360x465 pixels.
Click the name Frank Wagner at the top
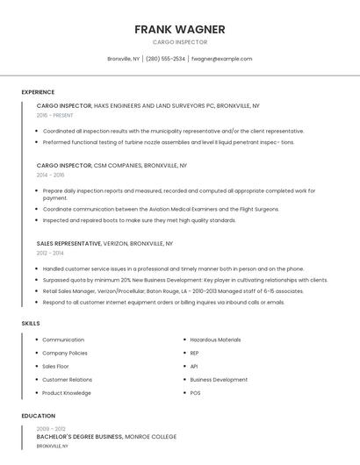[180, 29]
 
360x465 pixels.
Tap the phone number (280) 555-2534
[166, 59]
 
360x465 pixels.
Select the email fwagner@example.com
[221, 59]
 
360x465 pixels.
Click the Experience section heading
[38, 92]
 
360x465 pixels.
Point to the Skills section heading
[31, 324]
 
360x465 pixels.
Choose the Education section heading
[38, 416]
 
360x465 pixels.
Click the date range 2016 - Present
[54, 115]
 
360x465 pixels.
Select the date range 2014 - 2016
[50, 175]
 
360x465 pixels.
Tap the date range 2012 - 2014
[50, 253]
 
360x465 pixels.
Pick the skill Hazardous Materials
[215, 340]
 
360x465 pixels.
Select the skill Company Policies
[66, 353]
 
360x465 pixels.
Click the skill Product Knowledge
[67, 393]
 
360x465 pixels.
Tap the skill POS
[195, 393]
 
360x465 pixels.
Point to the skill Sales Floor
[55, 366]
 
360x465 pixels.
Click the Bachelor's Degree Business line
[106, 436]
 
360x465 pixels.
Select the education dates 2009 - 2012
[51, 427]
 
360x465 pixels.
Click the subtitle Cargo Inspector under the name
[180, 41]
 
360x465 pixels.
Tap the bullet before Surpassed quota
[37, 280]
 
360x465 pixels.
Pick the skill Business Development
[219, 380]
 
